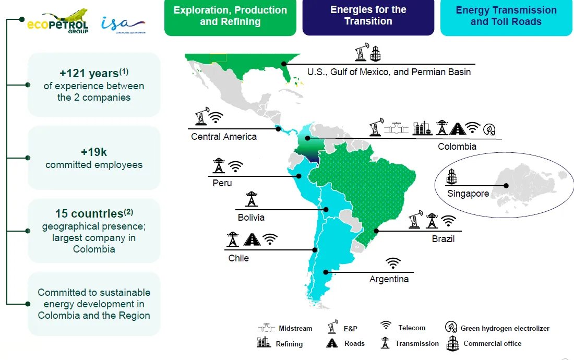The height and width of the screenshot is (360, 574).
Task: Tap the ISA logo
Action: (x=123, y=23)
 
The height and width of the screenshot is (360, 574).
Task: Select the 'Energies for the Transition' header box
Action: (x=368, y=16)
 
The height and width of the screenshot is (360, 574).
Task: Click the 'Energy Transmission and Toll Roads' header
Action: (x=506, y=16)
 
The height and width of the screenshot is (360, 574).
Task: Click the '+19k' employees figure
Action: (x=94, y=152)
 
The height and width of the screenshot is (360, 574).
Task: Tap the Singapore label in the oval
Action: (x=468, y=194)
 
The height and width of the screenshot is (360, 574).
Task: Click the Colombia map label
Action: (x=457, y=147)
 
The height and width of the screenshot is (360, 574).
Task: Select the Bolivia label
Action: (x=250, y=217)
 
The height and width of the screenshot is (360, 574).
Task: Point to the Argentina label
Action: (x=389, y=279)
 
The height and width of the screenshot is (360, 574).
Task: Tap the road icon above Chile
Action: (x=252, y=239)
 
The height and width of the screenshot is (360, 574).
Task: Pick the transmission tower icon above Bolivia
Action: (x=252, y=199)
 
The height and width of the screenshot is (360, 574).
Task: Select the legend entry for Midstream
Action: (x=285, y=328)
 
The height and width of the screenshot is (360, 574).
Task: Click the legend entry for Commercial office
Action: (x=484, y=343)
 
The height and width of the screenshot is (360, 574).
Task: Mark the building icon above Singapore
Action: (x=451, y=176)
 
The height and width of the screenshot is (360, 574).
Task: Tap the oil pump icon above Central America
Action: (x=200, y=116)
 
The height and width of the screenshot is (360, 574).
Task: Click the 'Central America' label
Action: (x=224, y=137)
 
